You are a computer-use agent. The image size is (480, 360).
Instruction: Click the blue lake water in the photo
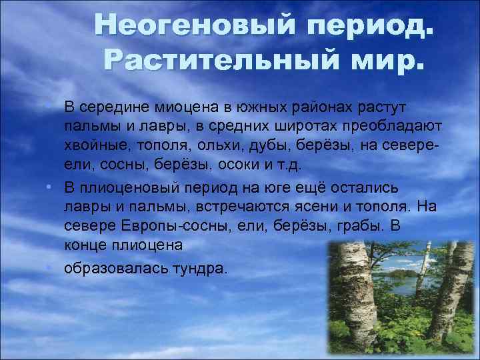[x=407, y=283]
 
